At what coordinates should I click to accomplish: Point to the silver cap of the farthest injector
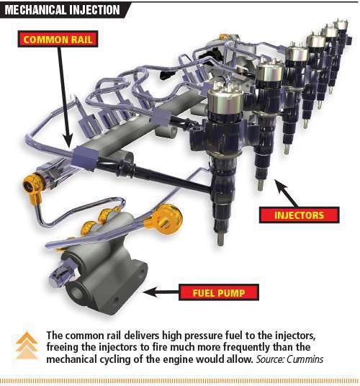[x=341, y=26]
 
